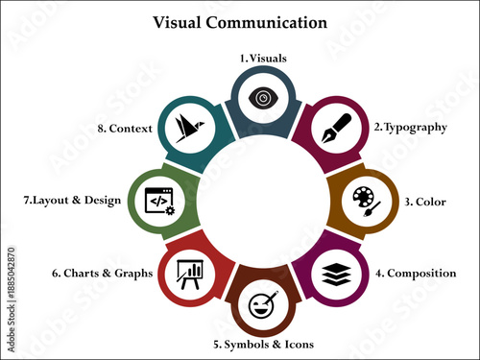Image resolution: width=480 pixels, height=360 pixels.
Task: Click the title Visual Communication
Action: pyautogui.click(x=239, y=21)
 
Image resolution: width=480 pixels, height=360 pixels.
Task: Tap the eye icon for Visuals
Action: pyautogui.click(x=261, y=98)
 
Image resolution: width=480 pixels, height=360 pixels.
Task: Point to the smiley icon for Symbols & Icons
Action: pyautogui.click(x=261, y=308)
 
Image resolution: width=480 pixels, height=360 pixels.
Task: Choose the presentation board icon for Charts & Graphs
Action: pyautogui.click(x=187, y=274)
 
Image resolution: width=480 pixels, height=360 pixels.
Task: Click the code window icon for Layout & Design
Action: pyautogui.click(x=159, y=201)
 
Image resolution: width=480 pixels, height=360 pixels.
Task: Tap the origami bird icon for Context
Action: pyautogui.click(x=188, y=127)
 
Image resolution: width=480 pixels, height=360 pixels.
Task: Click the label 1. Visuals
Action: pyautogui.click(x=263, y=58)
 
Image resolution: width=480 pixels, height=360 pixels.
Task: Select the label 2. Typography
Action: pyautogui.click(x=411, y=127)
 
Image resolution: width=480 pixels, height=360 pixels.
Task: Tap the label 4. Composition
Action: pyautogui.click(x=416, y=274)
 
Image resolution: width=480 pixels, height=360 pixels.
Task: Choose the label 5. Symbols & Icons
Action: pyautogui.click(x=263, y=344)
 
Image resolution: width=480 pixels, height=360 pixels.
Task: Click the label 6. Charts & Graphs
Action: pyautogui.click(x=102, y=274)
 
